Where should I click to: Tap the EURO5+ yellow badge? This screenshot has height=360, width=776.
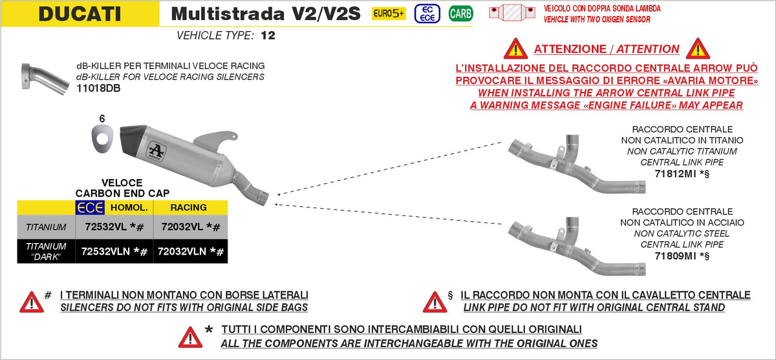[x=389, y=13]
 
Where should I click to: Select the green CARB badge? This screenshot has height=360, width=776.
[x=460, y=13]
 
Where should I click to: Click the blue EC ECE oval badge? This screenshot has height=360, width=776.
[x=424, y=13]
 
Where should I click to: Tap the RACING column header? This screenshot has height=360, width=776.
[x=189, y=207]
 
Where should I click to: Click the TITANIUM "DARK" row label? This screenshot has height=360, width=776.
[x=46, y=251]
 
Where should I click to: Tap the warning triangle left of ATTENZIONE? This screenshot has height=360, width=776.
[x=516, y=48]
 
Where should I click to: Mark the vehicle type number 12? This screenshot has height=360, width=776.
[x=268, y=36]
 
